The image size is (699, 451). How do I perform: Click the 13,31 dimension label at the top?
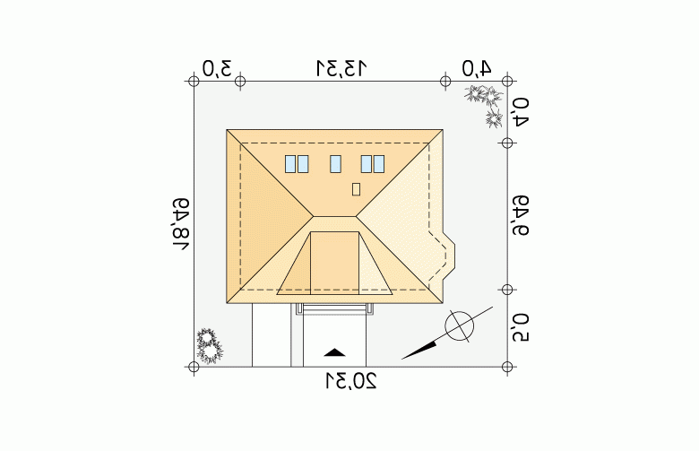[x=341, y=68]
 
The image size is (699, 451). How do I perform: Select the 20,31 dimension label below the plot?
[x=351, y=381]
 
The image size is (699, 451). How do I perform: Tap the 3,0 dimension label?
[x=217, y=69]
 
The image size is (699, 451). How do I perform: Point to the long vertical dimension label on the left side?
[x=181, y=224]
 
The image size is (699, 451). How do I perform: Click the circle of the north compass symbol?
[x=459, y=325]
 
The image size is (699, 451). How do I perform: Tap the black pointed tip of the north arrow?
[x=402, y=359]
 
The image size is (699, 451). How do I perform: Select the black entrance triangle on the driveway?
[x=334, y=353]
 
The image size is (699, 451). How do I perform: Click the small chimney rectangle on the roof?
[x=356, y=189]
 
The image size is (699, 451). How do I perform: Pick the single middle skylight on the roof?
[x=336, y=164]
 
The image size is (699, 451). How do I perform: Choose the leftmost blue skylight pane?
[x=290, y=164]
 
